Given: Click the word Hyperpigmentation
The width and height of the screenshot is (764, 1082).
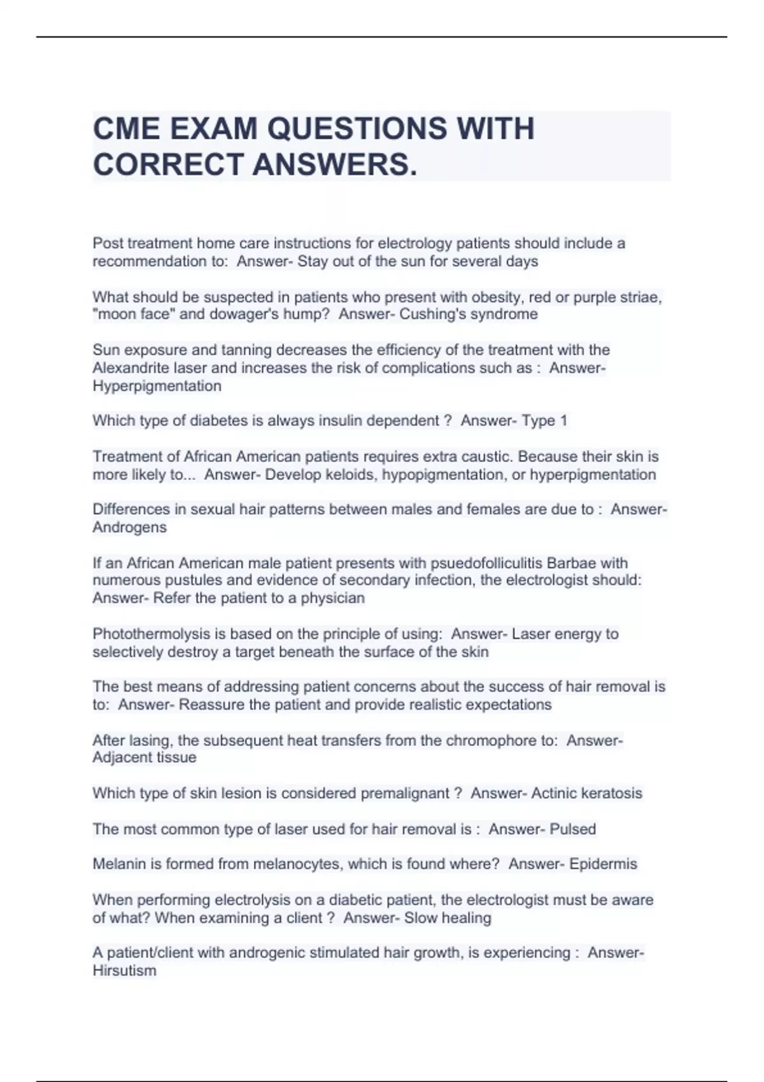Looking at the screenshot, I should click(x=157, y=386).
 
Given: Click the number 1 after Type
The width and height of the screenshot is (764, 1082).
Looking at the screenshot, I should click(x=563, y=421).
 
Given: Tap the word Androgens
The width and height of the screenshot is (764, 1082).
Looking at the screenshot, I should click(x=129, y=528).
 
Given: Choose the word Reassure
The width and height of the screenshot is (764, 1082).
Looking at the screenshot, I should click(x=211, y=705).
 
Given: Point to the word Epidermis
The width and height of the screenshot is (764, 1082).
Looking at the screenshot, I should click(x=603, y=864).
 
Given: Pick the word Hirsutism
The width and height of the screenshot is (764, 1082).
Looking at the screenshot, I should click(x=124, y=971).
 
